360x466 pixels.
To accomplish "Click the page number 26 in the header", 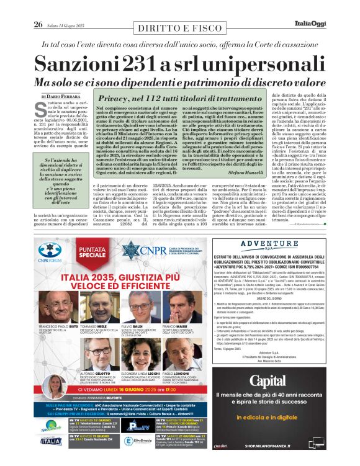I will [x=38, y=25].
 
